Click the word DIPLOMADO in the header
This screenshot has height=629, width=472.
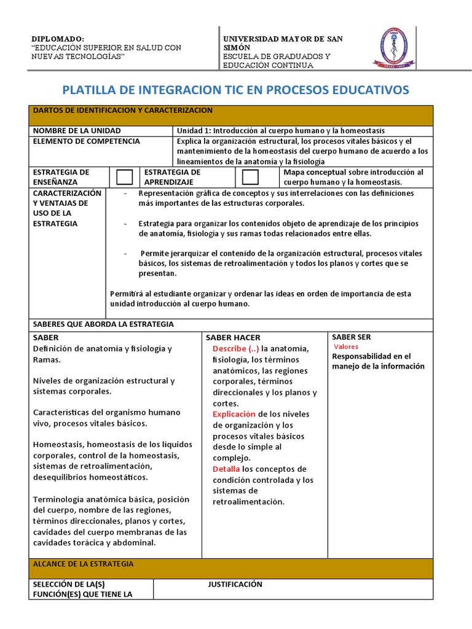tap(58, 38)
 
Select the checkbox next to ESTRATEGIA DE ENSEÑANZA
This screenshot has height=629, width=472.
tap(125, 177)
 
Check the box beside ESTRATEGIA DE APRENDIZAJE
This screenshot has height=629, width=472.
tap(250, 177)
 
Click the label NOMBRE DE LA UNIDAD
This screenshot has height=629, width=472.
tap(77, 131)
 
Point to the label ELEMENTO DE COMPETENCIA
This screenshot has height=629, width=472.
tap(86, 141)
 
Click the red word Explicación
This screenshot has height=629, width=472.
tap(235, 414)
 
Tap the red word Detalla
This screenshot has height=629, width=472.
tap(226, 469)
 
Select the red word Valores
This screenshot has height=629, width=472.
tap(346, 347)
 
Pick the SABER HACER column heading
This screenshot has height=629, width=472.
tap(233, 337)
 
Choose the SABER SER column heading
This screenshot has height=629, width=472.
tap(351, 337)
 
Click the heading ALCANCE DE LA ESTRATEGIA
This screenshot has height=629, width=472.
tap(83, 564)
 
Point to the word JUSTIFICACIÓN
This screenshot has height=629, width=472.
tap(235, 584)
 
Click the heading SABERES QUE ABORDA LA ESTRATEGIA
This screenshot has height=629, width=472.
tap(103, 324)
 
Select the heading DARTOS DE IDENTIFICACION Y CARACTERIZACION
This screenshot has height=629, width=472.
tap(122, 111)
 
